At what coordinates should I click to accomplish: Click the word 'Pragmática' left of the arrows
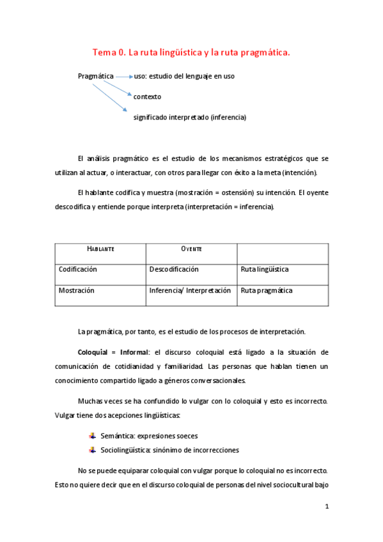pyautogui.click(x=96, y=76)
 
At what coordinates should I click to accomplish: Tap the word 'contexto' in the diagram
pyautogui.click(x=147, y=97)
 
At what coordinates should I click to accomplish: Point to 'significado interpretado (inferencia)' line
pyautogui.click(x=189, y=117)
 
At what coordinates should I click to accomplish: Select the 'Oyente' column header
pyautogui.click(x=191, y=249)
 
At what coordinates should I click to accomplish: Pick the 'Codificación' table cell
pyautogui.click(x=78, y=270)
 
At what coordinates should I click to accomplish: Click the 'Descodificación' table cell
pyautogui.click(x=174, y=270)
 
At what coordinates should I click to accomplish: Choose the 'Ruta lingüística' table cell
pyautogui.click(x=265, y=270)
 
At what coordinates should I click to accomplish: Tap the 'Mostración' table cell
pyautogui.click(x=77, y=290)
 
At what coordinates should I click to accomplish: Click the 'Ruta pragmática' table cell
pyautogui.click(x=267, y=290)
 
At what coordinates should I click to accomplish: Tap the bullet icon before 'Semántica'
pyautogui.click(x=92, y=435)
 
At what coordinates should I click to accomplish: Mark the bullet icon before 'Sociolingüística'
pyautogui.click(x=92, y=449)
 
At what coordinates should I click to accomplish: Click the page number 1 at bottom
pyautogui.click(x=327, y=507)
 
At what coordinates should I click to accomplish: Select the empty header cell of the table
pyautogui.click(x=283, y=249)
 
